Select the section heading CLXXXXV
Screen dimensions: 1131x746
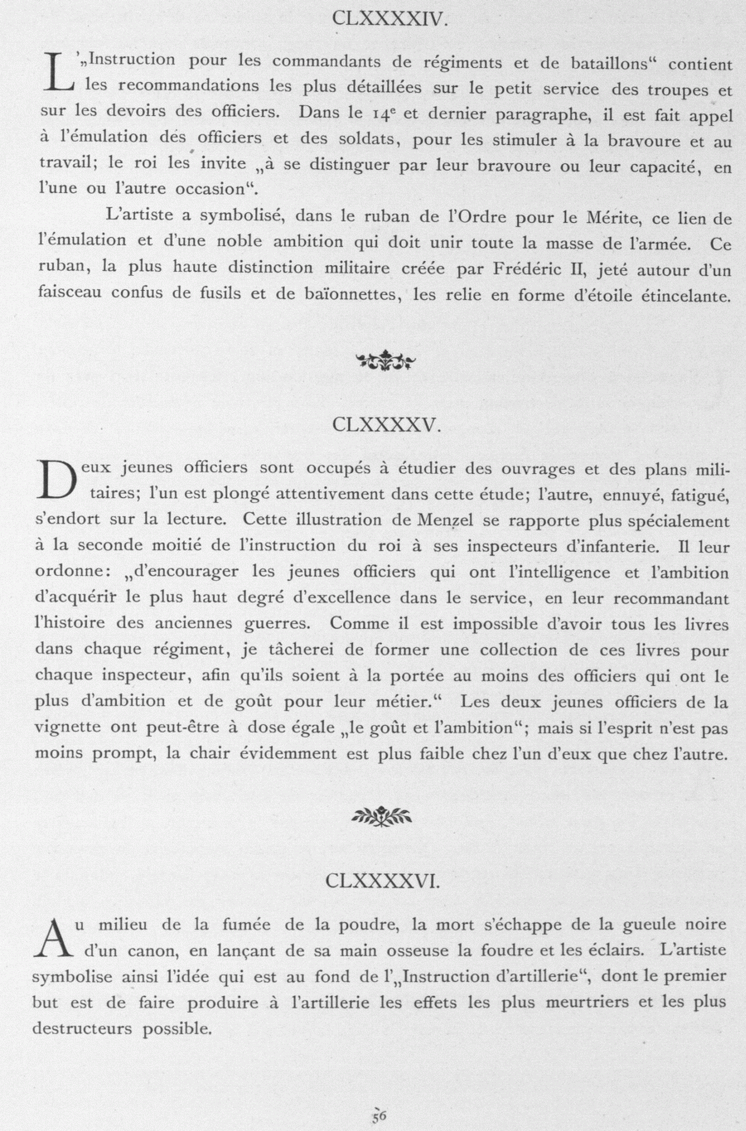tap(385, 425)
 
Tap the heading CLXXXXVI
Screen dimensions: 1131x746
tap(382, 881)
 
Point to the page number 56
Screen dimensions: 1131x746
tap(380, 1115)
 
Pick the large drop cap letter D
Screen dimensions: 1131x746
tap(55, 481)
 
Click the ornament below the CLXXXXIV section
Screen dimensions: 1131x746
tap(385, 360)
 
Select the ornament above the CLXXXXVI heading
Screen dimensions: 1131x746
tap(382, 816)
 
